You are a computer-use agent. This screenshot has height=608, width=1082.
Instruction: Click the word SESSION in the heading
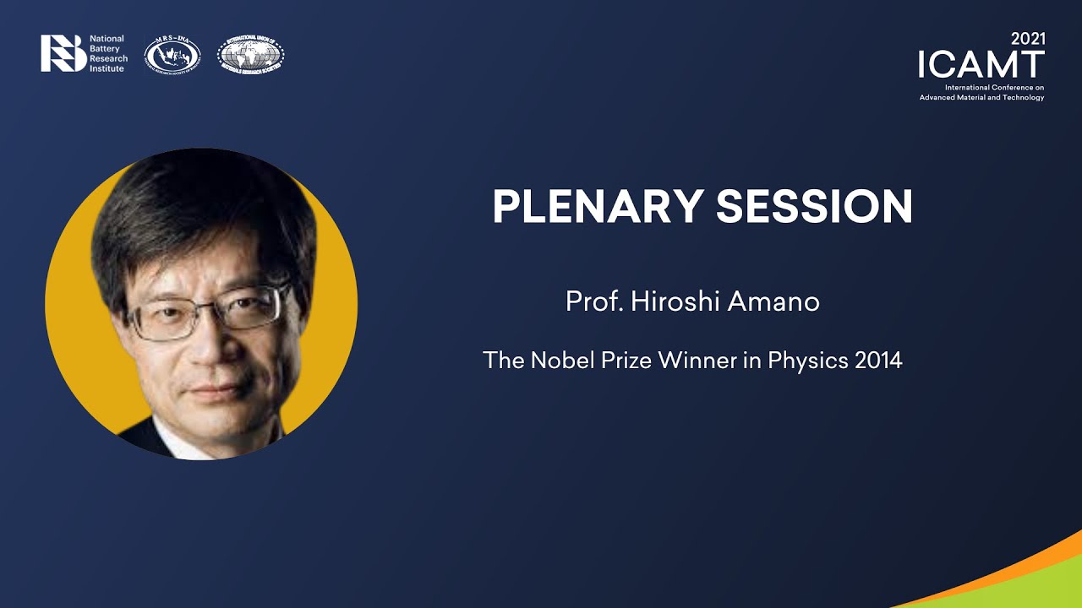[814, 206]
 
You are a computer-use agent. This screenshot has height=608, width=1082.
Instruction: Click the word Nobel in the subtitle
[559, 361]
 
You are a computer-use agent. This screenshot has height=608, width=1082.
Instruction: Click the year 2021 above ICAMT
[1027, 39]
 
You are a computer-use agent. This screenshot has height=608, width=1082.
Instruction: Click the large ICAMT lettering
[981, 65]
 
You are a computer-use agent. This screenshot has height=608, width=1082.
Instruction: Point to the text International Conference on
[994, 88]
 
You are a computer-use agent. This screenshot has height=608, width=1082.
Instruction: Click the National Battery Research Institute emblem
[63, 53]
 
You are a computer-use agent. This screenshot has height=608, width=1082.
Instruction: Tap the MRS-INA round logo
[172, 55]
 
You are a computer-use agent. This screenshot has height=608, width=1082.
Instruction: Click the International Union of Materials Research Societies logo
[251, 55]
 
